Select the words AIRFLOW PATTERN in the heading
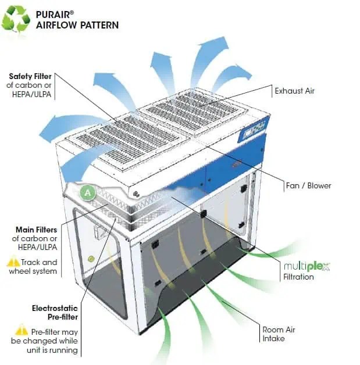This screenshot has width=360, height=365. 77,25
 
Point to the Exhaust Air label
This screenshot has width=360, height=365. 294,91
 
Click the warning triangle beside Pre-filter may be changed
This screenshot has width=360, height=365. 22,330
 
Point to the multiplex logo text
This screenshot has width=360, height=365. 306,267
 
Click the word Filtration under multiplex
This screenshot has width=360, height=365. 298,277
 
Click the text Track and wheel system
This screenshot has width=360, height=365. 40,267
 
